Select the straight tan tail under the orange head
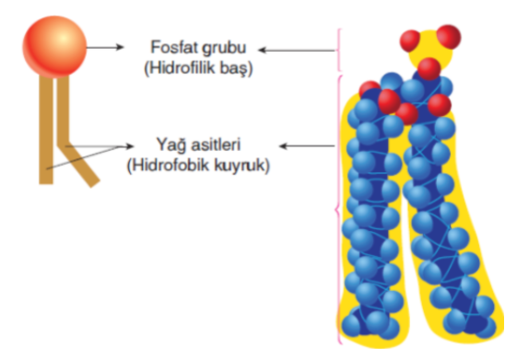pyautogui.click(x=44, y=129)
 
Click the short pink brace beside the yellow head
pyautogui.click(x=341, y=50)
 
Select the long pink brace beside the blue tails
pyautogui.click(x=340, y=212)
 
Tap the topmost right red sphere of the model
pyautogui.click(x=449, y=38)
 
